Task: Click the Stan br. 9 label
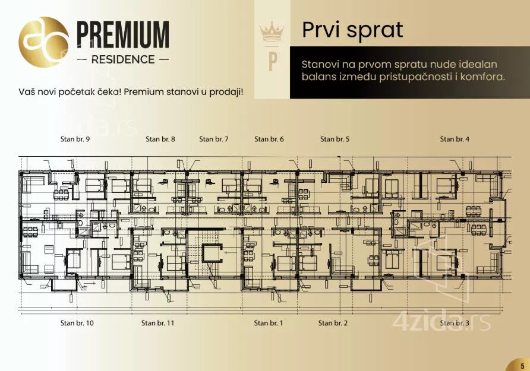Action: coord(75,139)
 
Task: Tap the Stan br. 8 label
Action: coord(160,139)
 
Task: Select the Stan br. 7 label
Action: coord(214,139)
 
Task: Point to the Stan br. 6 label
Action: coord(269,139)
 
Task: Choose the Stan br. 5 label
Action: coord(335,139)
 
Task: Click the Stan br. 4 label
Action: coord(455,139)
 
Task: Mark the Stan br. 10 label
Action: coord(77,323)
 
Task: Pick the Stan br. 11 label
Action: coord(158,323)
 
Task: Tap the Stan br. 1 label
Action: coord(269,323)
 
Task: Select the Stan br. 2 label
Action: coord(333,323)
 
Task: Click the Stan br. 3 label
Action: coord(455,323)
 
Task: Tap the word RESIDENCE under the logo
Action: coord(123,60)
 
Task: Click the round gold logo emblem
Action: coord(44,42)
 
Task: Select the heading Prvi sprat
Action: coord(352,30)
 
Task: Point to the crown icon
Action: coord(272,31)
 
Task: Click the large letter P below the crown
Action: coord(273,62)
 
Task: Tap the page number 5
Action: coord(522,366)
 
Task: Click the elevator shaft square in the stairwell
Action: coord(212,253)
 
